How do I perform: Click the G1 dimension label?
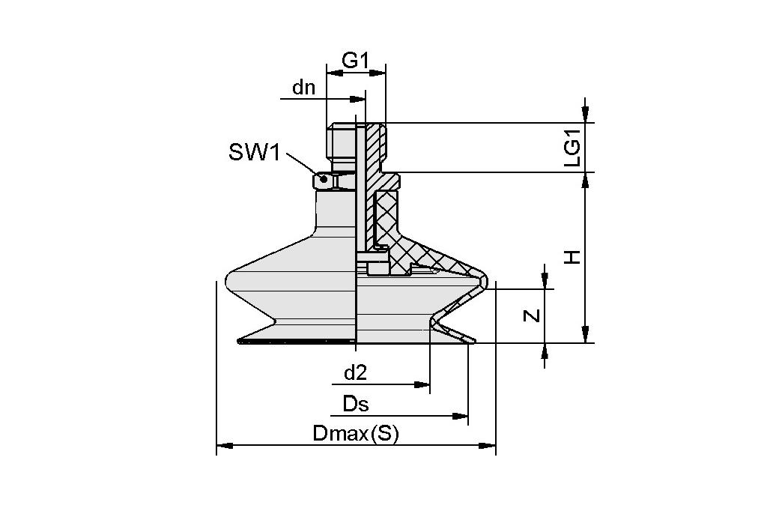tap(356, 60)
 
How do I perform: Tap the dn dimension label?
tap(304, 88)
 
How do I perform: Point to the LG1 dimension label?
tap(573, 148)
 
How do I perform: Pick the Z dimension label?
tap(532, 315)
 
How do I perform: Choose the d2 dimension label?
tap(355, 372)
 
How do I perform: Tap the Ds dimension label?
tap(356, 404)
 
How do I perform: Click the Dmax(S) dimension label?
tap(356, 434)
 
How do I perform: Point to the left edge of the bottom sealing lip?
tap(238, 341)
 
